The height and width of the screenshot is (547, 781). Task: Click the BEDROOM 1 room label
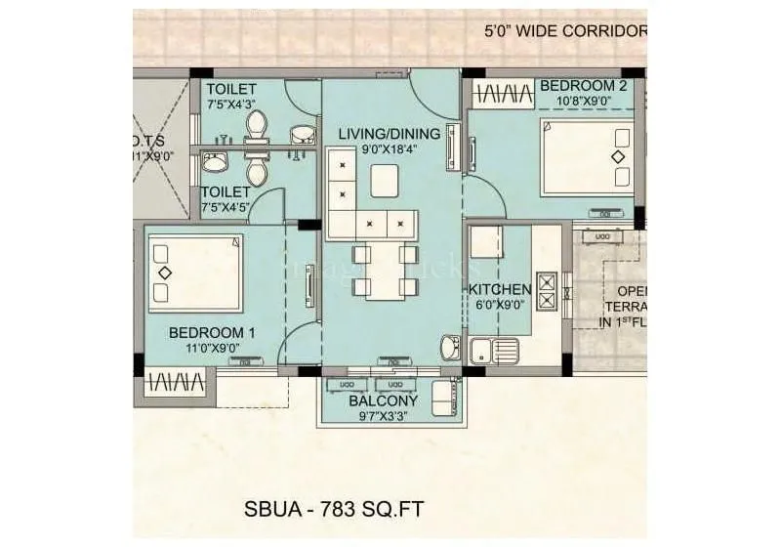pyautogui.click(x=211, y=331)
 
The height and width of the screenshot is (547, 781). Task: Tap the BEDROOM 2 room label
pyautogui.click(x=584, y=86)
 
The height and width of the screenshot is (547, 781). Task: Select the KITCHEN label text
pyautogui.click(x=500, y=289)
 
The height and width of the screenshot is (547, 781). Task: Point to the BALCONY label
pyautogui.click(x=386, y=400)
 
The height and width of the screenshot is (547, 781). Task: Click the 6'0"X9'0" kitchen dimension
pyautogui.click(x=500, y=306)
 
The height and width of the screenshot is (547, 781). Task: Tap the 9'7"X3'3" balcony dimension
pyautogui.click(x=386, y=416)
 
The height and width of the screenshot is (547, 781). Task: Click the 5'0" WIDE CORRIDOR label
pyautogui.click(x=564, y=30)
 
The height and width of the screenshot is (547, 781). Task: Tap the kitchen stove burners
pyautogui.click(x=547, y=291)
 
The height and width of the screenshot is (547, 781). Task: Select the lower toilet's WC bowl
pyautogui.click(x=257, y=173)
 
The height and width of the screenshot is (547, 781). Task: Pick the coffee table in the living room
pyautogui.click(x=386, y=180)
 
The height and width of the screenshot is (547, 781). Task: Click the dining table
pyautogui.click(x=384, y=271)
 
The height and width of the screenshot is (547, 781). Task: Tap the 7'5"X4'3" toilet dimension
pyautogui.click(x=230, y=105)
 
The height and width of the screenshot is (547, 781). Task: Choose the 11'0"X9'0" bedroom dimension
pyautogui.click(x=211, y=347)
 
